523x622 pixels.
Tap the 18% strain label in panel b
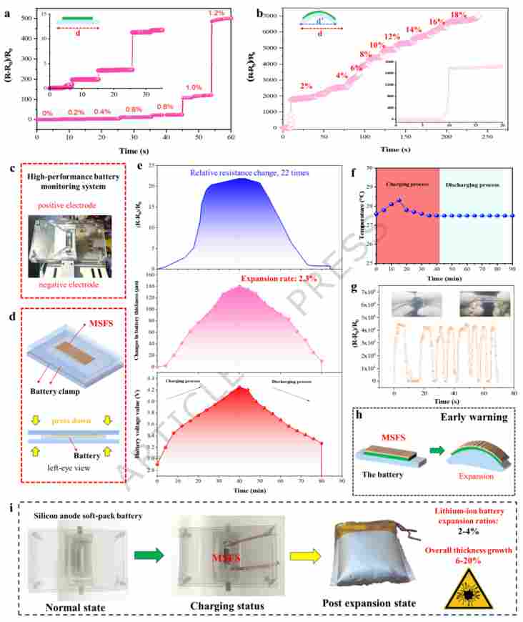(x=459, y=15)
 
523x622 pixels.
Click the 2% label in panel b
(x=306, y=86)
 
